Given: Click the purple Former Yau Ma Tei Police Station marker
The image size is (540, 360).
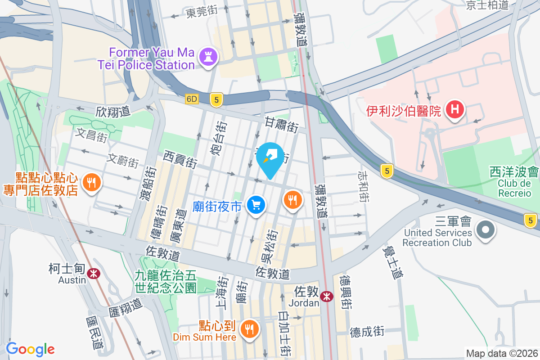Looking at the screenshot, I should pyautogui.click(x=207, y=57).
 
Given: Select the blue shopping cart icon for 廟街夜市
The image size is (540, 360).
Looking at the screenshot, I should pyautogui.click(x=256, y=205).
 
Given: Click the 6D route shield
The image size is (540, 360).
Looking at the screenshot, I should pyautogui.click(x=192, y=99).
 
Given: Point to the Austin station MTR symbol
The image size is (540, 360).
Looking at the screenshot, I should pyautogui.click(x=94, y=273).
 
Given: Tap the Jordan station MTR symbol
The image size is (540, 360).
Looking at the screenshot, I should pyautogui.click(x=327, y=296).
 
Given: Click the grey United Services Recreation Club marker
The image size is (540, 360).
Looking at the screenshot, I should pyautogui.click(x=485, y=230).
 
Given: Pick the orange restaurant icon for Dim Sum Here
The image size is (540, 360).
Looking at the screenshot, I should pyautogui.click(x=249, y=329).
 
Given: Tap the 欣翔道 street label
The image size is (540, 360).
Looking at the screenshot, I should pyautogui.click(x=113, y=112).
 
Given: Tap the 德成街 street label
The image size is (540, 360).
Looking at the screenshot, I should pyautogui.click(x=367, y=332).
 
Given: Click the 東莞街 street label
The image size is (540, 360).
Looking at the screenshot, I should pyautogui.click(x=202, y=12).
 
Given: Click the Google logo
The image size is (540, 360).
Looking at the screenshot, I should pyautogui.click(x=31, y=349).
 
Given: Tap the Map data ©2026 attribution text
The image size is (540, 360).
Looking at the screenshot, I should pyautogui.click(x=502, y=354).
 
